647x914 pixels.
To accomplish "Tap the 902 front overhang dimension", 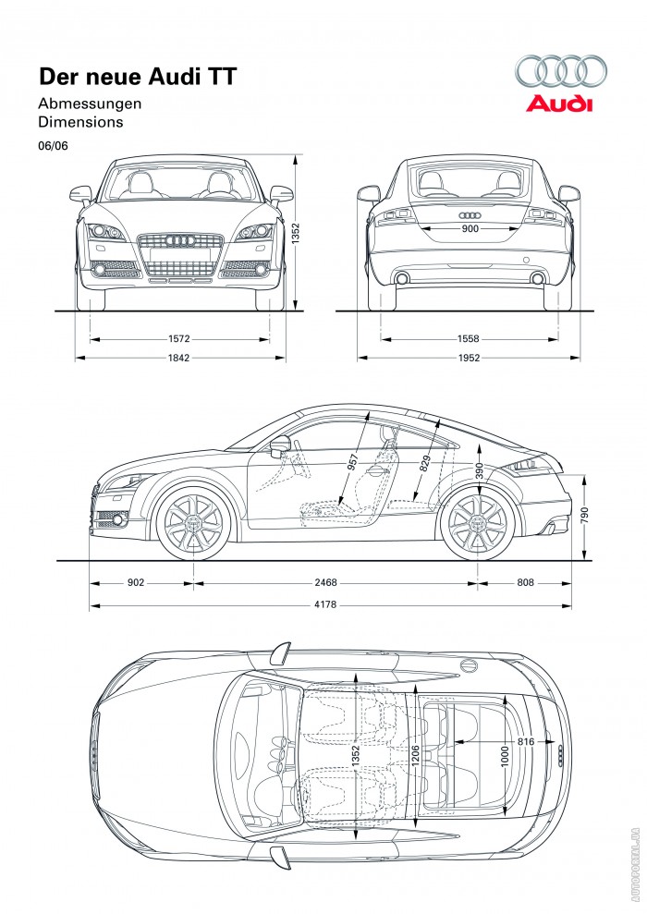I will point(136,583).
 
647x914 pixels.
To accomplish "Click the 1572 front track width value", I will point(179,339).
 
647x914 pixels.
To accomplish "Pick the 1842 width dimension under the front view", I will point(179,359).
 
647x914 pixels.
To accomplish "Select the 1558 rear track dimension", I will point(469,339).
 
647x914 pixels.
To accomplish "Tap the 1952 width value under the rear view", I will point(469,359).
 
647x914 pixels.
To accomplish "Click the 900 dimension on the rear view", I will point(470,228).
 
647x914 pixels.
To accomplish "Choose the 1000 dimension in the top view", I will point(505,755).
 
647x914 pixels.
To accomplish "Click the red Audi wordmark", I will point(559,104).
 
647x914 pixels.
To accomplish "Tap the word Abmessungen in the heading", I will point(90,104).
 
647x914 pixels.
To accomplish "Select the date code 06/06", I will point(53,145).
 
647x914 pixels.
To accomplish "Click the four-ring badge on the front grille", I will point(180,241).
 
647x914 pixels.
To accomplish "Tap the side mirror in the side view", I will point(279,446).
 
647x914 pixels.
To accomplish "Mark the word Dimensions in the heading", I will point(80,121).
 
